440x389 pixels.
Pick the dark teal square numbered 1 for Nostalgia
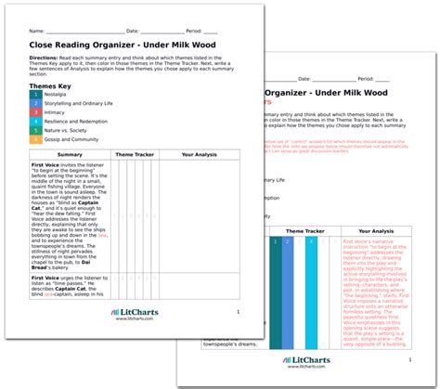click(35, 94)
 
